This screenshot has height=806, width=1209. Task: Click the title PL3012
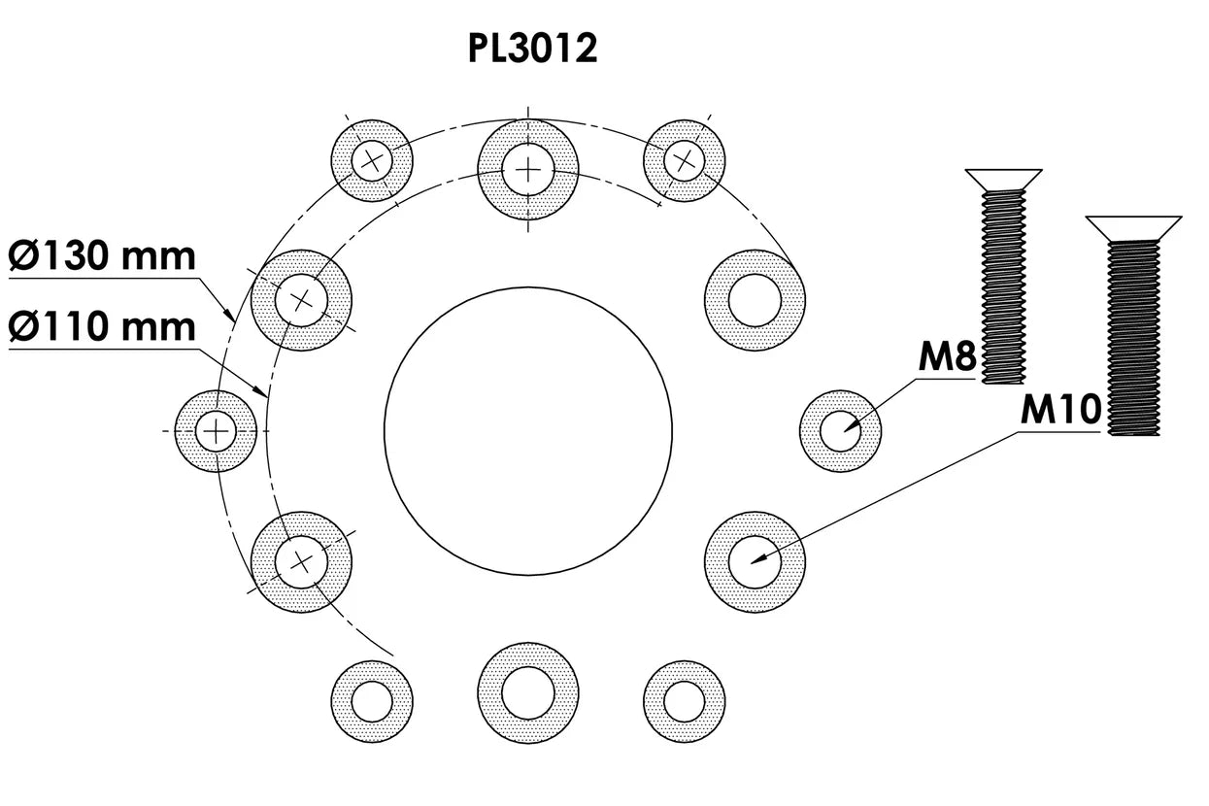[x=532, y=49]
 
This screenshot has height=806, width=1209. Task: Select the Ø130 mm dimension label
[x=103, y=258]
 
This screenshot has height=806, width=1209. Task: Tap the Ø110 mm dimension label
[x=103, y=326]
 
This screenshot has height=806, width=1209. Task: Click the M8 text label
[x=946, y=358]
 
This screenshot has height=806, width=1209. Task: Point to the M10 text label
[x=1061, y=411]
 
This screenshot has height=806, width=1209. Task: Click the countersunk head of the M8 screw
[x=1004, y=178]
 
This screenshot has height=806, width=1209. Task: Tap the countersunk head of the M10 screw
[x=1133, y=227]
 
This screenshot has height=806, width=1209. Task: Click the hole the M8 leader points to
[x=841, y=431]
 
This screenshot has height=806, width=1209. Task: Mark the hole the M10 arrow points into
[x=756, y=561]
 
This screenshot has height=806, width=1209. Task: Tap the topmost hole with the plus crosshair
[x=528, y=170]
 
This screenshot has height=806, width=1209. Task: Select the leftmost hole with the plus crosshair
[x=216, y=430]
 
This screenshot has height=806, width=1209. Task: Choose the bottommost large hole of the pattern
[x=528, y=690]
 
